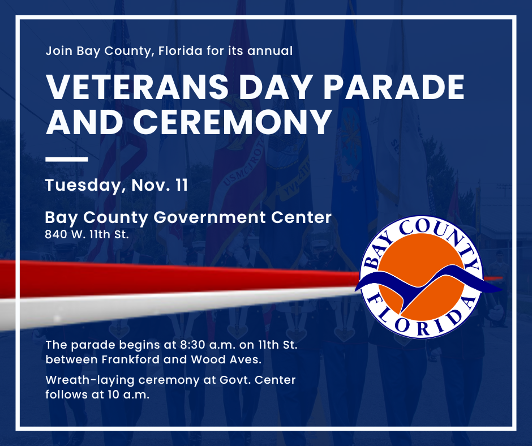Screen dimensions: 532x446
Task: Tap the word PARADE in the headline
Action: (x=393, y=87)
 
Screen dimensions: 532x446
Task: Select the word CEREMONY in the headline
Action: (x=233, y=122)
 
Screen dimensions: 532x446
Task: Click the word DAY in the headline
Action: (x=276, y=87)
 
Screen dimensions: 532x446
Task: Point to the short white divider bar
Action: (x=67, y=159)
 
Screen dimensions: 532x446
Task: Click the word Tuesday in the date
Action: (x=83, y=186)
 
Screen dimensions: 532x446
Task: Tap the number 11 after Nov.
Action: (x=182, y=185)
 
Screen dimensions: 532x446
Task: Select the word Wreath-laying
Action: (x=90, y=380)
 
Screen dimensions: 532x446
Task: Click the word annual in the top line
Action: (x=270, y=51)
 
